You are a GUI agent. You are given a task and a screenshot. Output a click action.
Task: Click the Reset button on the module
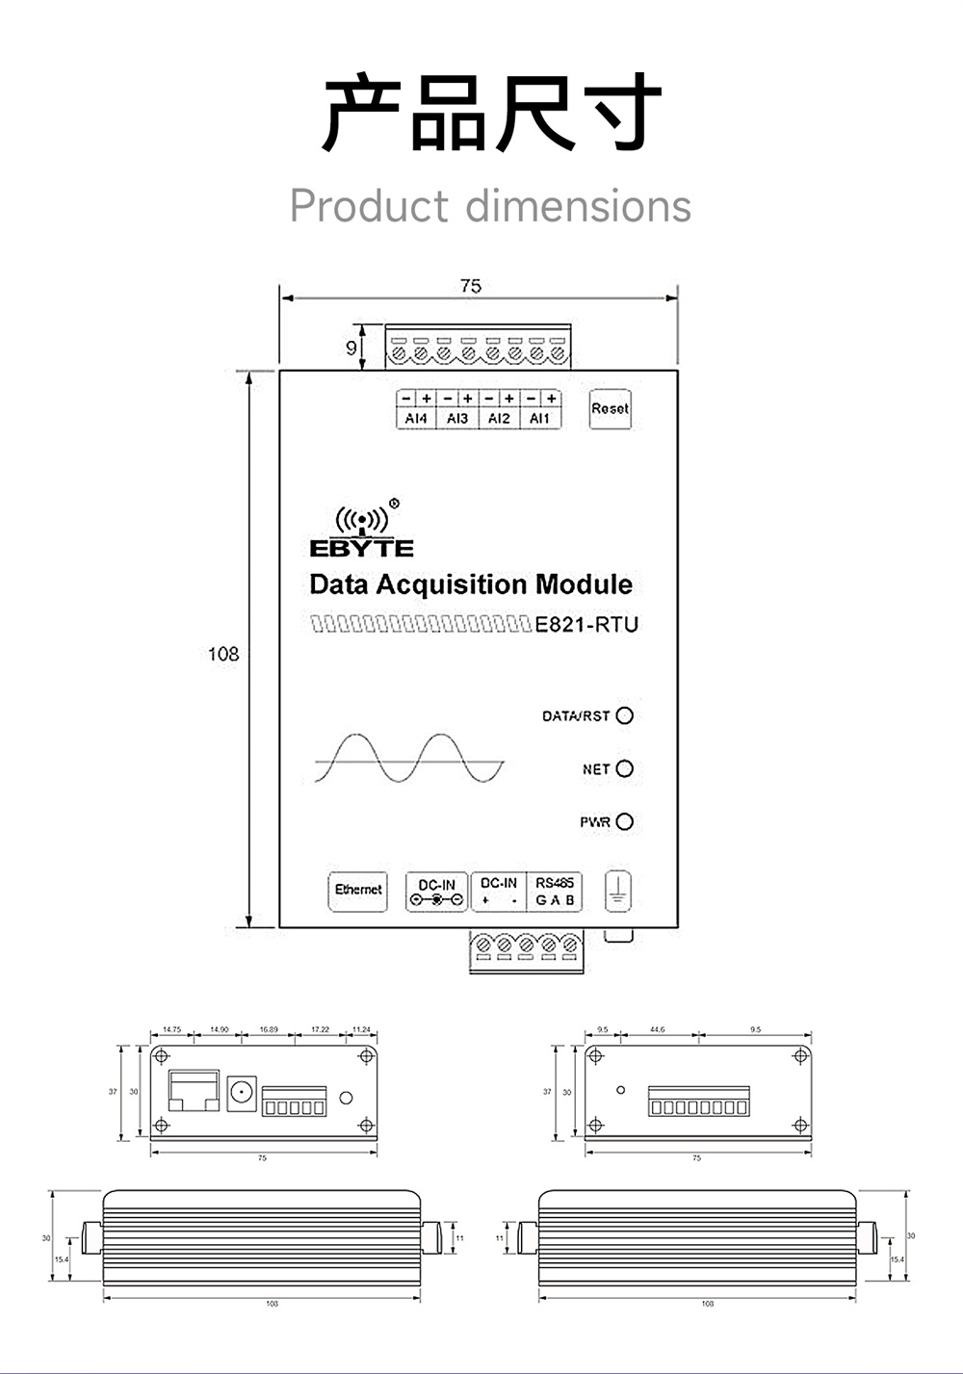tap(610, 409)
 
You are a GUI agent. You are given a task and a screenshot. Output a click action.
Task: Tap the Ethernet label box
tap(358, 890)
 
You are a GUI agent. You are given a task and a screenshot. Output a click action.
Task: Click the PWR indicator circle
tap(625, 821)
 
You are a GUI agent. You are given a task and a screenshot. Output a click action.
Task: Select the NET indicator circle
tap(625, 768)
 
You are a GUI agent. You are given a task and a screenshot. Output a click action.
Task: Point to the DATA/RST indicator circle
tap(625, 715)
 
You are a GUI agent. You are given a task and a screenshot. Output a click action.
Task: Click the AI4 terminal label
tap(416, 419)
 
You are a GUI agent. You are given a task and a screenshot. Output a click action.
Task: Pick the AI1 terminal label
tap(540, 419)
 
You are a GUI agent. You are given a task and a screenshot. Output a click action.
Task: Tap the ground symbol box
tap(618, 891)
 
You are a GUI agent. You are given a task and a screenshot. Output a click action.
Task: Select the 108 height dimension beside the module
tap(222, 654)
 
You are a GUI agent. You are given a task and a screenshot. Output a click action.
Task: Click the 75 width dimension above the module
tap(470, 286)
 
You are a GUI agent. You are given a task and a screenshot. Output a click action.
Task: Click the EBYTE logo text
tap(361, 549)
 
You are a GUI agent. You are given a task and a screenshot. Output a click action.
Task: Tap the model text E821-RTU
tap(586, 625)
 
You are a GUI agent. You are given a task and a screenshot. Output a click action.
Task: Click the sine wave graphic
tap(408, 760)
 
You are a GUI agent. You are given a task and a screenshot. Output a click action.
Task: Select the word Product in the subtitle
tap(369, 206)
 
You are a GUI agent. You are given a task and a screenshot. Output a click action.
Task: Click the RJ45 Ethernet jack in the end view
tap(194, 1090)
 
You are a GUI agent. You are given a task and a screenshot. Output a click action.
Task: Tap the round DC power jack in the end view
tap(242, 1093)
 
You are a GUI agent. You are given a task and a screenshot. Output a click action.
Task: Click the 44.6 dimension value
tap(657, 1029)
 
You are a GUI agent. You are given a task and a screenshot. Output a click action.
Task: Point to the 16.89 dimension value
tap(269, 1029)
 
